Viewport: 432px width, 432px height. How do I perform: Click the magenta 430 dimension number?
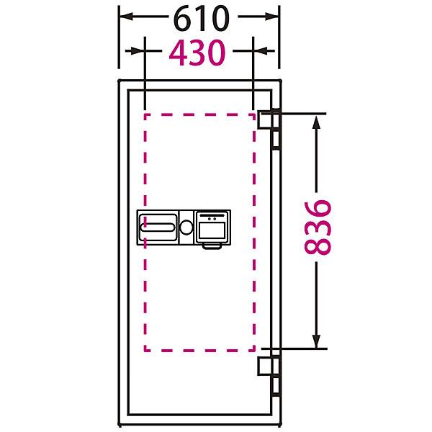pyautogui.click(x=197, y=53)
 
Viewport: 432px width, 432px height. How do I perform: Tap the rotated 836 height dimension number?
pyautogui.click(x=317, y=227)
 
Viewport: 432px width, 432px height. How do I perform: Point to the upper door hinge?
pyautogui.click(x=269, y=129)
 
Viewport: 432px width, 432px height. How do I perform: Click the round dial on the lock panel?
pyautogui.click(x=186, y=228)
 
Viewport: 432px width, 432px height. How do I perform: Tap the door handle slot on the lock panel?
pyautogui.click(x=157, y=228)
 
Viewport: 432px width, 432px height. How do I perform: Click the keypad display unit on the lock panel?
pyautogui.click(x=212, y=227)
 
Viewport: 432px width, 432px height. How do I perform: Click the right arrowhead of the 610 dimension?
pyautogui.click(x=272, y=17)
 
